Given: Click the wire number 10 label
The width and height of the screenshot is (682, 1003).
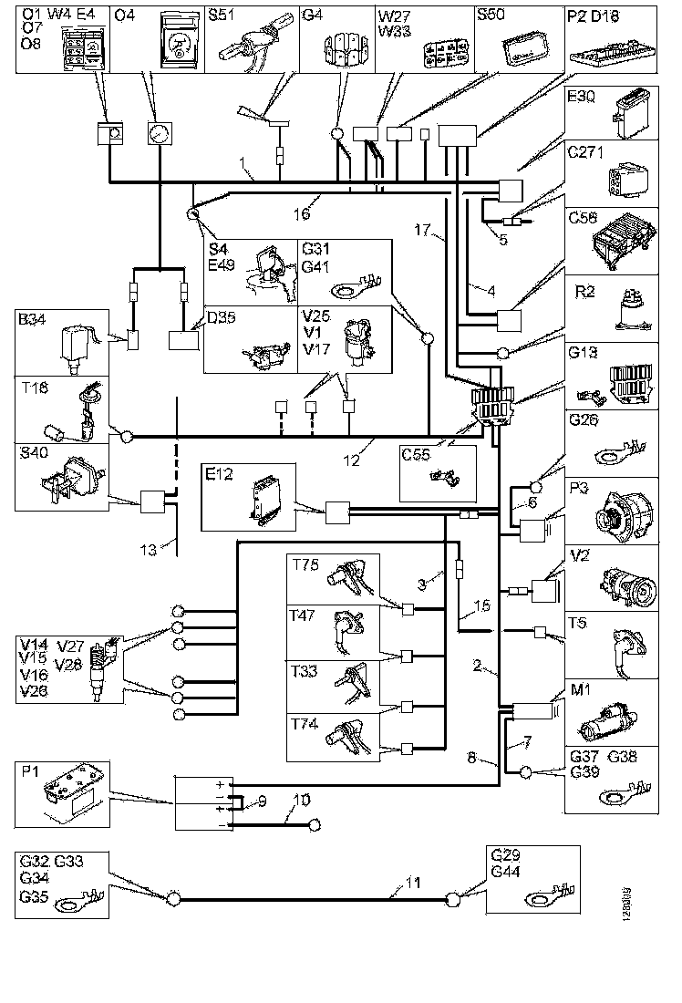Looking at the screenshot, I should click(x=302, y=800).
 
